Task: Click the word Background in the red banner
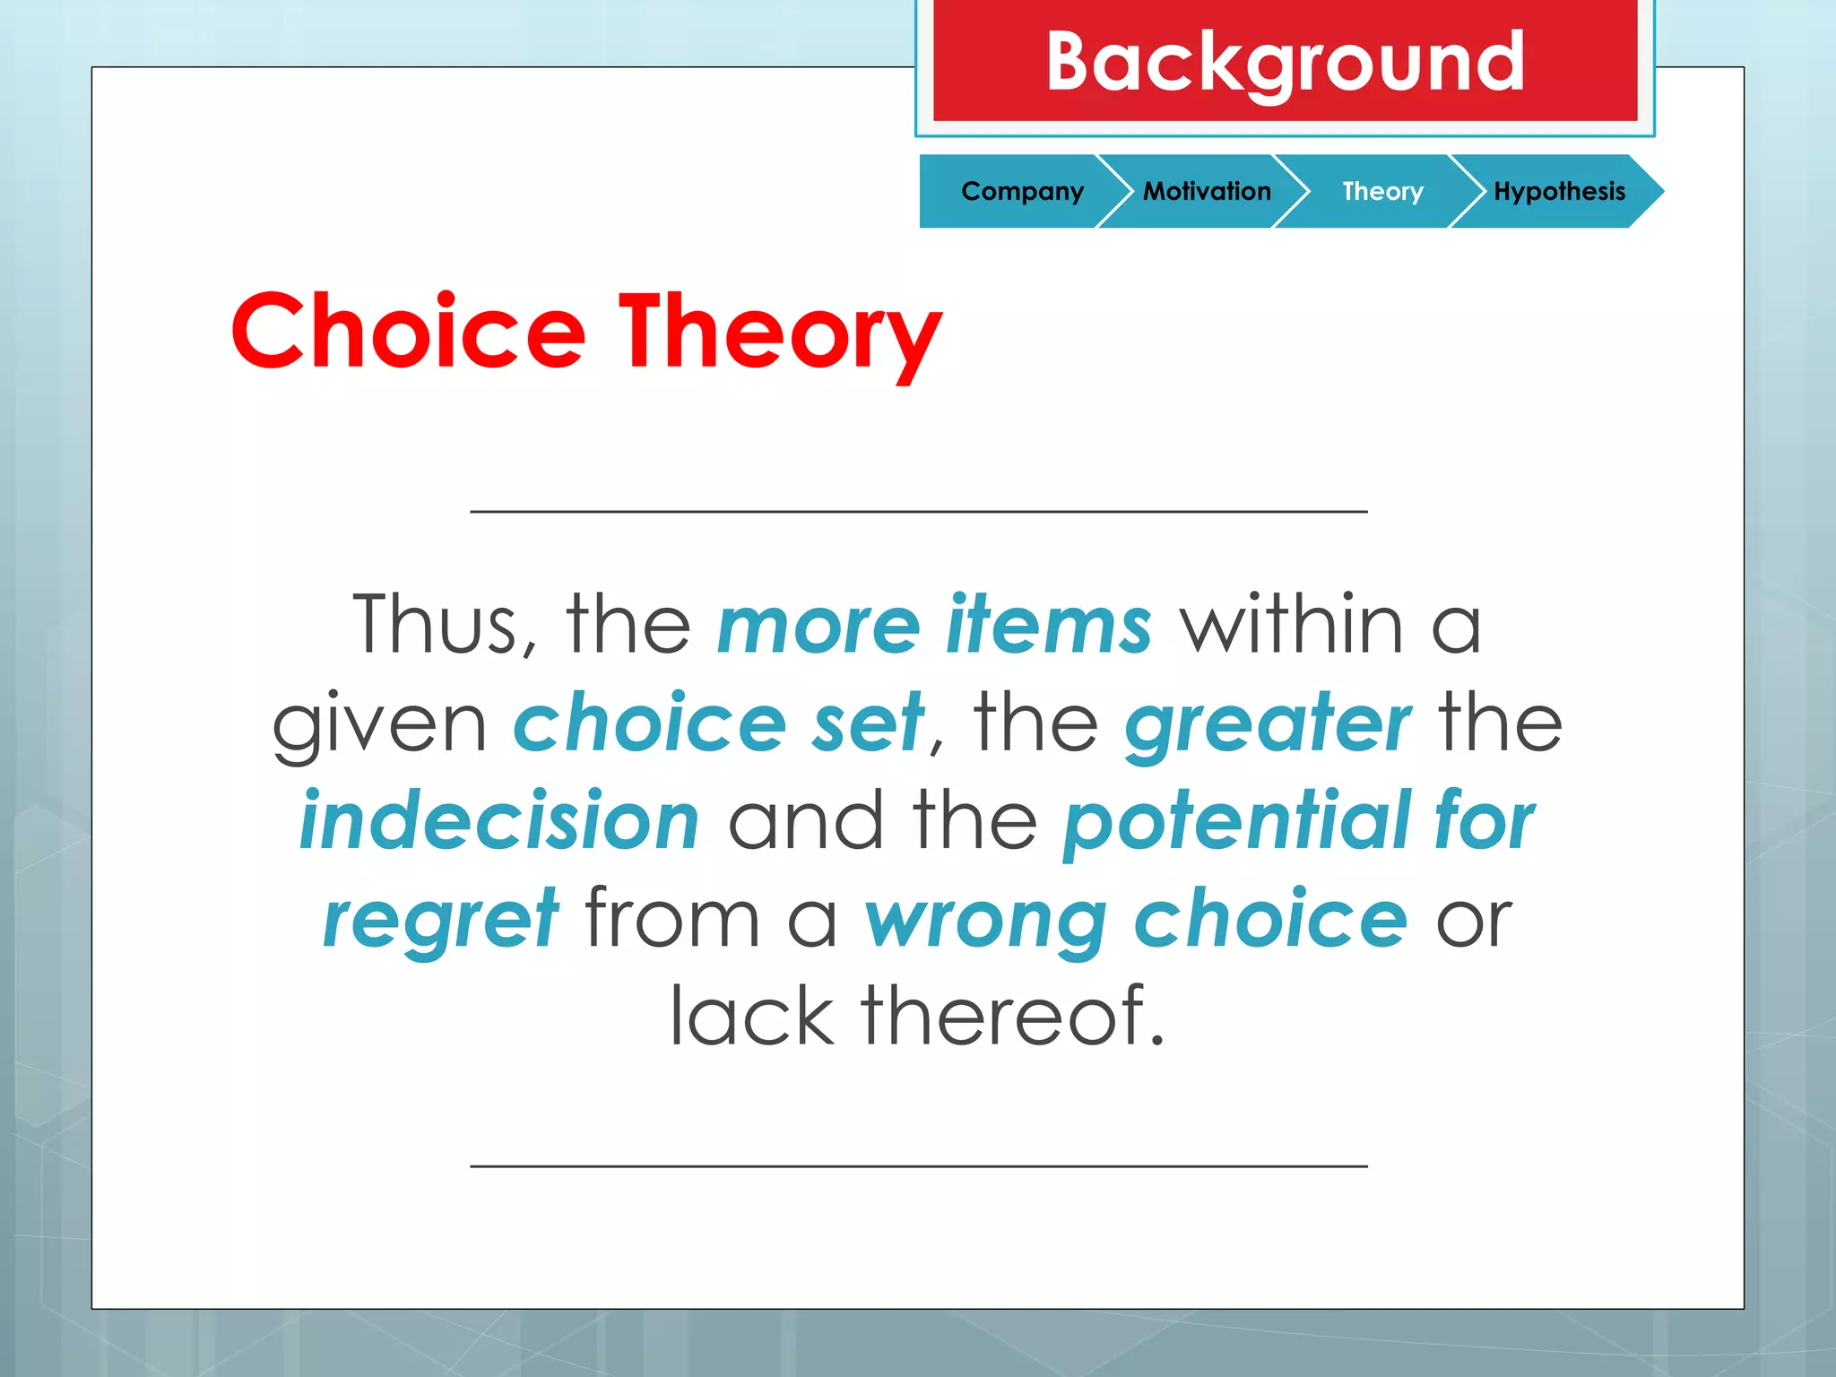1285,62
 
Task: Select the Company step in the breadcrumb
1022,191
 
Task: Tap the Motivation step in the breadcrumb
1207,191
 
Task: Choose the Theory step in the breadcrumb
1382,191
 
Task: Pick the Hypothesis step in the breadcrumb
1559,191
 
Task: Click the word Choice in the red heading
409,332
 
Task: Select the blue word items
1049,624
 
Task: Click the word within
1291,624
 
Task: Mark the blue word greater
1268,724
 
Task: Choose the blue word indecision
499,821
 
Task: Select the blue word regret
441,920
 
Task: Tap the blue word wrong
986,922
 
